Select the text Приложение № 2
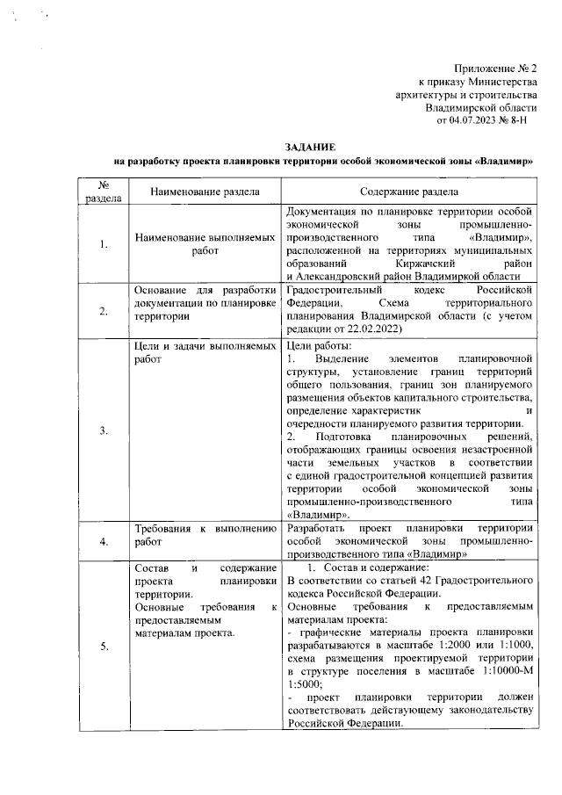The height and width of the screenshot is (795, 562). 494,69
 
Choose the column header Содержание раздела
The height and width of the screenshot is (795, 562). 412,192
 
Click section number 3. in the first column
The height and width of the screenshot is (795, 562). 104,430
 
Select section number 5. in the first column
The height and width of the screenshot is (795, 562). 104,647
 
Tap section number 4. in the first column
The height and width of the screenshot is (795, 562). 104,542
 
